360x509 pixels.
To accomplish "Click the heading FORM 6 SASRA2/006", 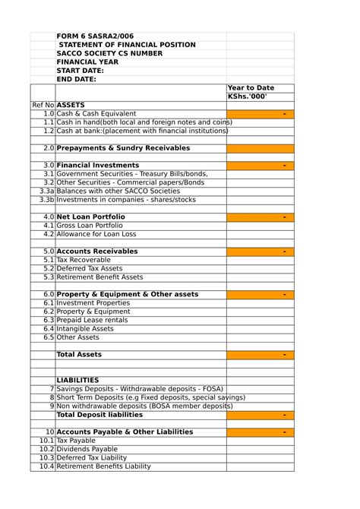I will click(96, 36).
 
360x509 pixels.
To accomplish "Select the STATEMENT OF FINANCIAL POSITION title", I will click(127, 45).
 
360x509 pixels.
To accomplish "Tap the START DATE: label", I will click(81, 71).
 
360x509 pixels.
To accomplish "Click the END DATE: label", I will click(77, 79).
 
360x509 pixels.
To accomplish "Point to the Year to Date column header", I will click(251, 88).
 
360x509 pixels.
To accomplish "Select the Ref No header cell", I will click(43, 105).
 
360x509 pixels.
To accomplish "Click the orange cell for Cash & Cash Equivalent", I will click(260, 114).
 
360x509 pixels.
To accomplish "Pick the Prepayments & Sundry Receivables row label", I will click(123, 148).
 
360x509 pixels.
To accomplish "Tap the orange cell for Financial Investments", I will click(260, 165).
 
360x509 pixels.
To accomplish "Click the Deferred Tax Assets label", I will click(90, 268).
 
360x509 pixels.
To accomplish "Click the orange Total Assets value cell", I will click(260, 355).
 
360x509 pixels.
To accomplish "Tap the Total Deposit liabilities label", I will click(99, 415).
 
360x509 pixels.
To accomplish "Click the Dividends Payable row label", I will click(87, 449).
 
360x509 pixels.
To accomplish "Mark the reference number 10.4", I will click(46, 466).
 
